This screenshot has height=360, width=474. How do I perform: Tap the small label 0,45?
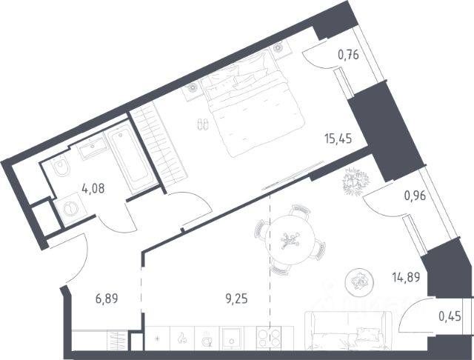point(449,316)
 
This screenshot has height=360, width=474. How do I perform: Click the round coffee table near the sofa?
point(359,279)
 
